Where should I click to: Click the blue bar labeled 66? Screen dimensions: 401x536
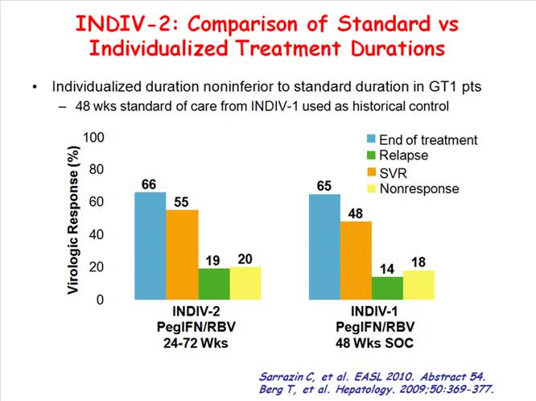tap(150, 246)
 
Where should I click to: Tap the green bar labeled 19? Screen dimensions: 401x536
tap(213, 283)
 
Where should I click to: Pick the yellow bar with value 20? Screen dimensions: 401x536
tap(245, 283)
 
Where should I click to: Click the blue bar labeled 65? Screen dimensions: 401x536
tap(324, 246)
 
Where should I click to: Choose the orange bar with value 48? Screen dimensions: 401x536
tap(356, 260)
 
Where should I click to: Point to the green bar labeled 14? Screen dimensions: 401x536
tap(387, 287)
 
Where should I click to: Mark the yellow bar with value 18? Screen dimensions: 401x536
tap(418, 284)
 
